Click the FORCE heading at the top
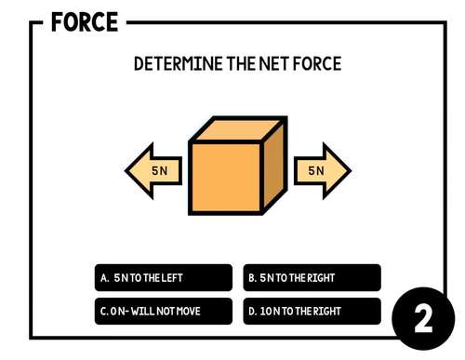85,21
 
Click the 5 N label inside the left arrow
160,171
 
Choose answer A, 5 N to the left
164,278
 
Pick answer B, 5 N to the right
312,278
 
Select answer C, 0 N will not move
164,311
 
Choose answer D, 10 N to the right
312,311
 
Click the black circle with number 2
423,319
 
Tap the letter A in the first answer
104,278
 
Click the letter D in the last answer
252,311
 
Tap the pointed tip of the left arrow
127,171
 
